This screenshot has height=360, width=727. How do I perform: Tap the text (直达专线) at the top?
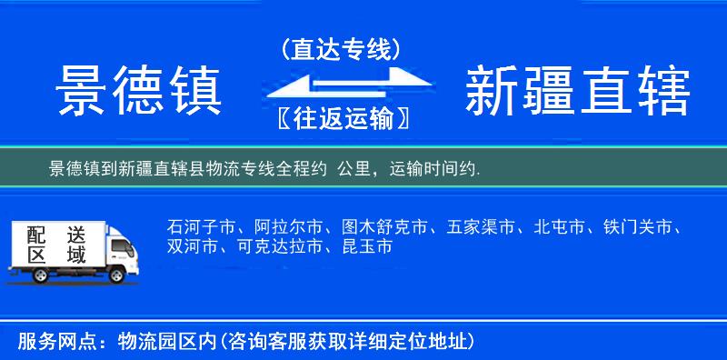(x=340, y=50)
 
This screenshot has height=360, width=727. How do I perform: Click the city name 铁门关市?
(x=642, y=226)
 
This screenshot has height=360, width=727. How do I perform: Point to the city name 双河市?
(x=192, y=246)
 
